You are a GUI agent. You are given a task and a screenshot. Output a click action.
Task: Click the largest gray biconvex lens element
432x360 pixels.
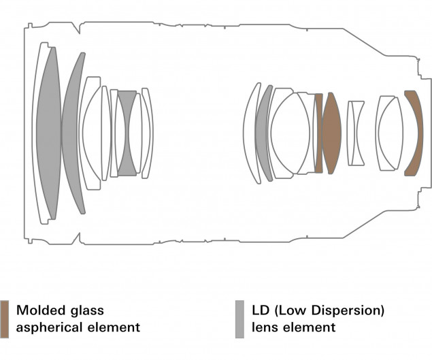tap(49, 133)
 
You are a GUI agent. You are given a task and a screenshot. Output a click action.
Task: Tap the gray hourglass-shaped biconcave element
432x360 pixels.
tap(127, 133)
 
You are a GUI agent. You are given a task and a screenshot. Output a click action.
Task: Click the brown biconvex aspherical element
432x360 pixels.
tap(332, 133)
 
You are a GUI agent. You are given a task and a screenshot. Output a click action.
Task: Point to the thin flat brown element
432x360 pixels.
tap(319, 133)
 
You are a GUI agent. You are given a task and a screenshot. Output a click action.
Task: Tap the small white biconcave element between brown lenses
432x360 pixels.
tap(355, 133)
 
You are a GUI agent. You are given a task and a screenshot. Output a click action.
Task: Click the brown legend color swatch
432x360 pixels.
tap(4, 319)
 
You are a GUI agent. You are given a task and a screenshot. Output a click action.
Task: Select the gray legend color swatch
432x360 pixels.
tap(239, 319)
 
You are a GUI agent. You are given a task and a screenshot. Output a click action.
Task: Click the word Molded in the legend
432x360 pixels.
tap(41, 310)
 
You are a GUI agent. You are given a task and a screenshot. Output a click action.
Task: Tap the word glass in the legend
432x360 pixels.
tap(87, 311)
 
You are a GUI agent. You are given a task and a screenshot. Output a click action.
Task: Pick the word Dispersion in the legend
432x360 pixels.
tap(348, 311)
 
